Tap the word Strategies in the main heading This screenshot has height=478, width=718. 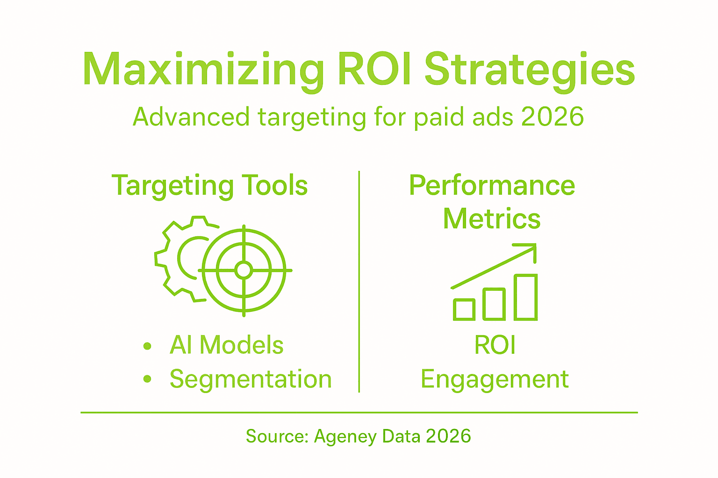(529, 70)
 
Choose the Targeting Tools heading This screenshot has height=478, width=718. (209, 185)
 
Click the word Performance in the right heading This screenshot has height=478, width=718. (492, 185)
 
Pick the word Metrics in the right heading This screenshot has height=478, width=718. (492, 218)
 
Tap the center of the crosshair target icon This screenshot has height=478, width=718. (244, 270)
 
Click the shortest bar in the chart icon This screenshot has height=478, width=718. (464, 309)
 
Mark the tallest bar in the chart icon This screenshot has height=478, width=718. (525, 297)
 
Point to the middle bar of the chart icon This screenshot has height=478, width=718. (494, 304)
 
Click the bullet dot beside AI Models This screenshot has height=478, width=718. (148, 346)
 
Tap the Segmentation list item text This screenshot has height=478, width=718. (251, 379)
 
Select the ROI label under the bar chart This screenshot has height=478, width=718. (495, 345)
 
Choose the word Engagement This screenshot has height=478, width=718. (495, 379)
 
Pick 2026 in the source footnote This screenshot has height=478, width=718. (448, 436)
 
